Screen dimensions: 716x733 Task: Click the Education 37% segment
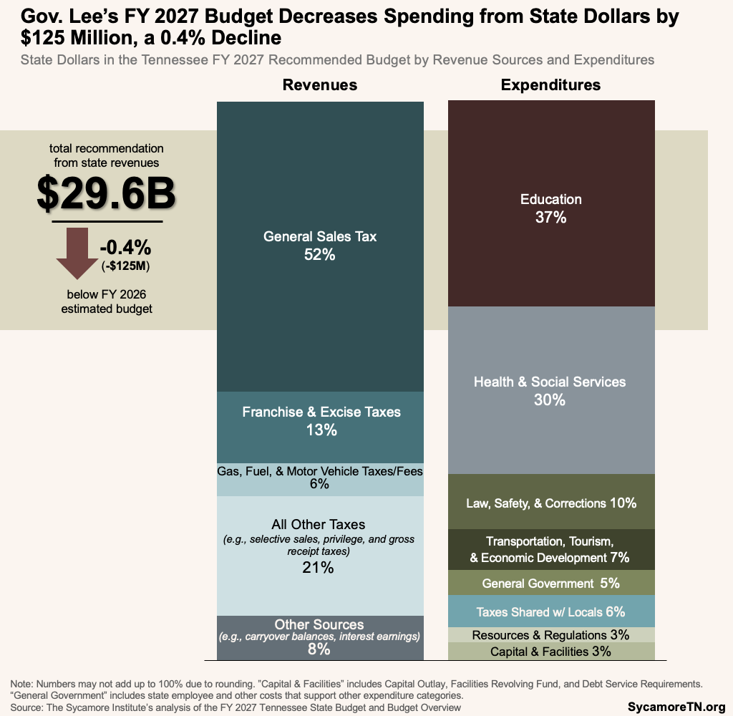(x=550, y=208)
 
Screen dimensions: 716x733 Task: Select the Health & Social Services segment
(x=550, y=390)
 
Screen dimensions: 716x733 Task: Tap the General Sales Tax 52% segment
(x=319, y=245)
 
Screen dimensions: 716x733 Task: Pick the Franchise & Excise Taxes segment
(x=320, y=421)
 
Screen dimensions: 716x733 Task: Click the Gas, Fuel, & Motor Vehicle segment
(x=320, y=478)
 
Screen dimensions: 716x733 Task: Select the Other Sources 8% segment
(x=319, y=637)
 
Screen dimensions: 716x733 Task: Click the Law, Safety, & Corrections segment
(x=550, y=503)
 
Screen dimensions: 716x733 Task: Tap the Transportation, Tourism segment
(x=550, y=549)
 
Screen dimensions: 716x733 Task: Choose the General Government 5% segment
(x=550, y=584)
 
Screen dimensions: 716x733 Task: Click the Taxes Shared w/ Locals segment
(x=550, y=611)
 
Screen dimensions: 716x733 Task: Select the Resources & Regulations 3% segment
(x=550, y=634)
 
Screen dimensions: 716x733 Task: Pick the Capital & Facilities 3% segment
(x=550, y=652)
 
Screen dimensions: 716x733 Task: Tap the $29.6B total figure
(x=106, y=193)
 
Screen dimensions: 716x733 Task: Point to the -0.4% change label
(x=125, y=248)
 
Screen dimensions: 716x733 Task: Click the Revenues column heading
(x=319, y=85)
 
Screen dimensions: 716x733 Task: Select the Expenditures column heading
(x=550, y=85)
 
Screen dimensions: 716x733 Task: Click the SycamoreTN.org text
(x=676, y=707)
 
